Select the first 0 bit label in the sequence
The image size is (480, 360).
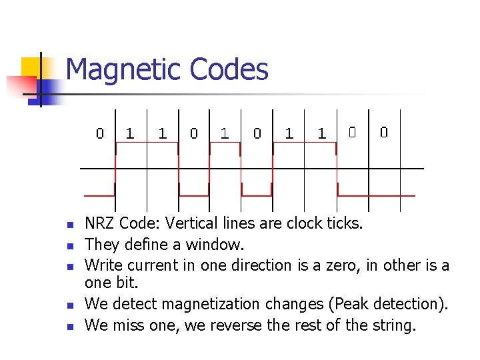click(100, 133)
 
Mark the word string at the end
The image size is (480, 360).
click(393, 326)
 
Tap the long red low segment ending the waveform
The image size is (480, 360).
click(377, 195)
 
